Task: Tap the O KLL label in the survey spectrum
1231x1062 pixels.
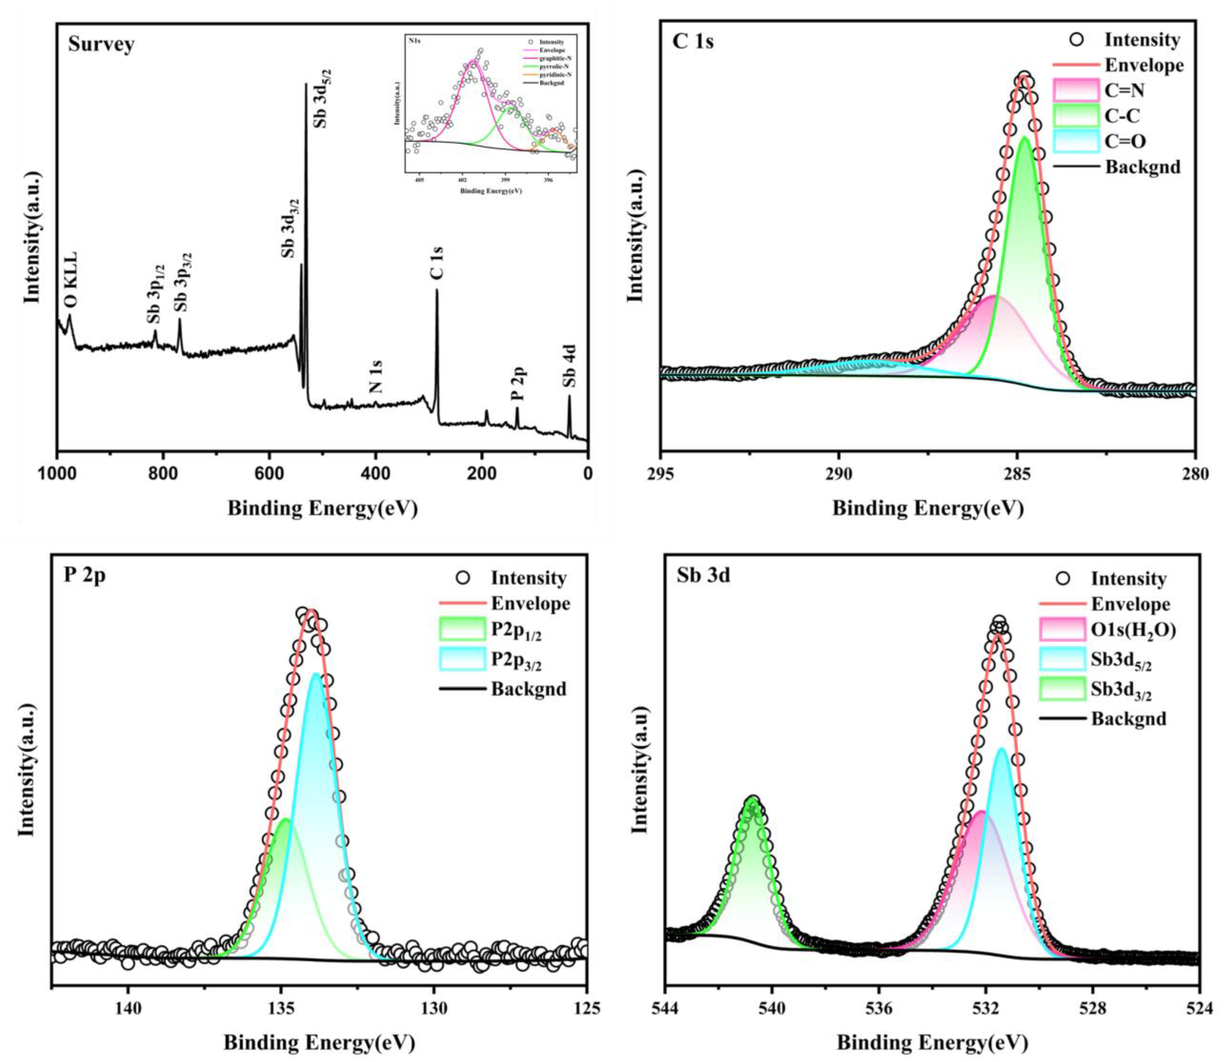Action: pyautogui.click(x=71, y=279)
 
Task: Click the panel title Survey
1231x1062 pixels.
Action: pyautogui.click(x=101, y=44)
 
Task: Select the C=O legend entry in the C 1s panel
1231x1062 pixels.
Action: pyautogui.click(x=1125, y=141)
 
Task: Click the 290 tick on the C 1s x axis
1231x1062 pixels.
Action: pyautogui.click(x=838, y=475)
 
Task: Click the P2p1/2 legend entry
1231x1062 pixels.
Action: pyautogui.click(x=516, y=631)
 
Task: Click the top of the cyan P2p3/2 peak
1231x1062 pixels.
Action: pyautogui.click(x=315, y=674)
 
